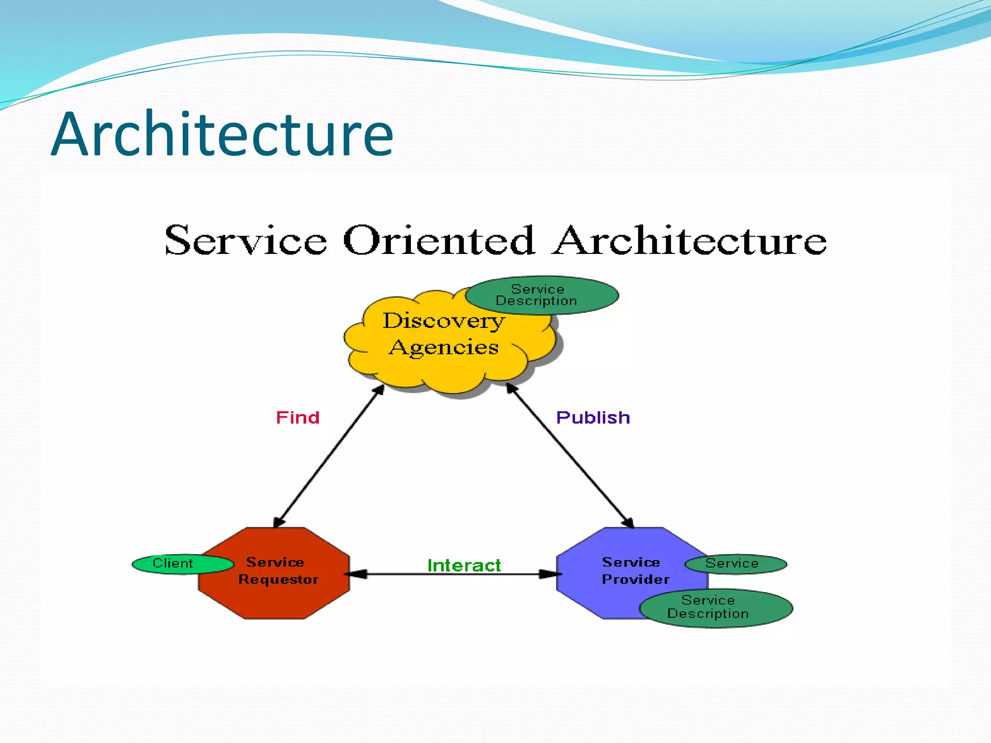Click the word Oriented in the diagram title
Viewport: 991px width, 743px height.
pos(438,240)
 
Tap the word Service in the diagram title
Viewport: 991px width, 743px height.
pos(246,240)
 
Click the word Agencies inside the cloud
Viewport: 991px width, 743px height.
pos(444,347)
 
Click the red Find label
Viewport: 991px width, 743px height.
pos(298,417)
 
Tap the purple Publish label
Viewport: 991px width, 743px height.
pos(593,417)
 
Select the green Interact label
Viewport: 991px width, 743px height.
pos(464,565)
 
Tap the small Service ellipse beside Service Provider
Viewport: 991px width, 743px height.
pos(736,564)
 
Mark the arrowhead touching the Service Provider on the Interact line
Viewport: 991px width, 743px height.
pos(551,574)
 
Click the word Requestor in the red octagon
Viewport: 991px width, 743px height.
pos(278,580)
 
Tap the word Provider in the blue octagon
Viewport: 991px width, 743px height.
pos(635,580)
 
